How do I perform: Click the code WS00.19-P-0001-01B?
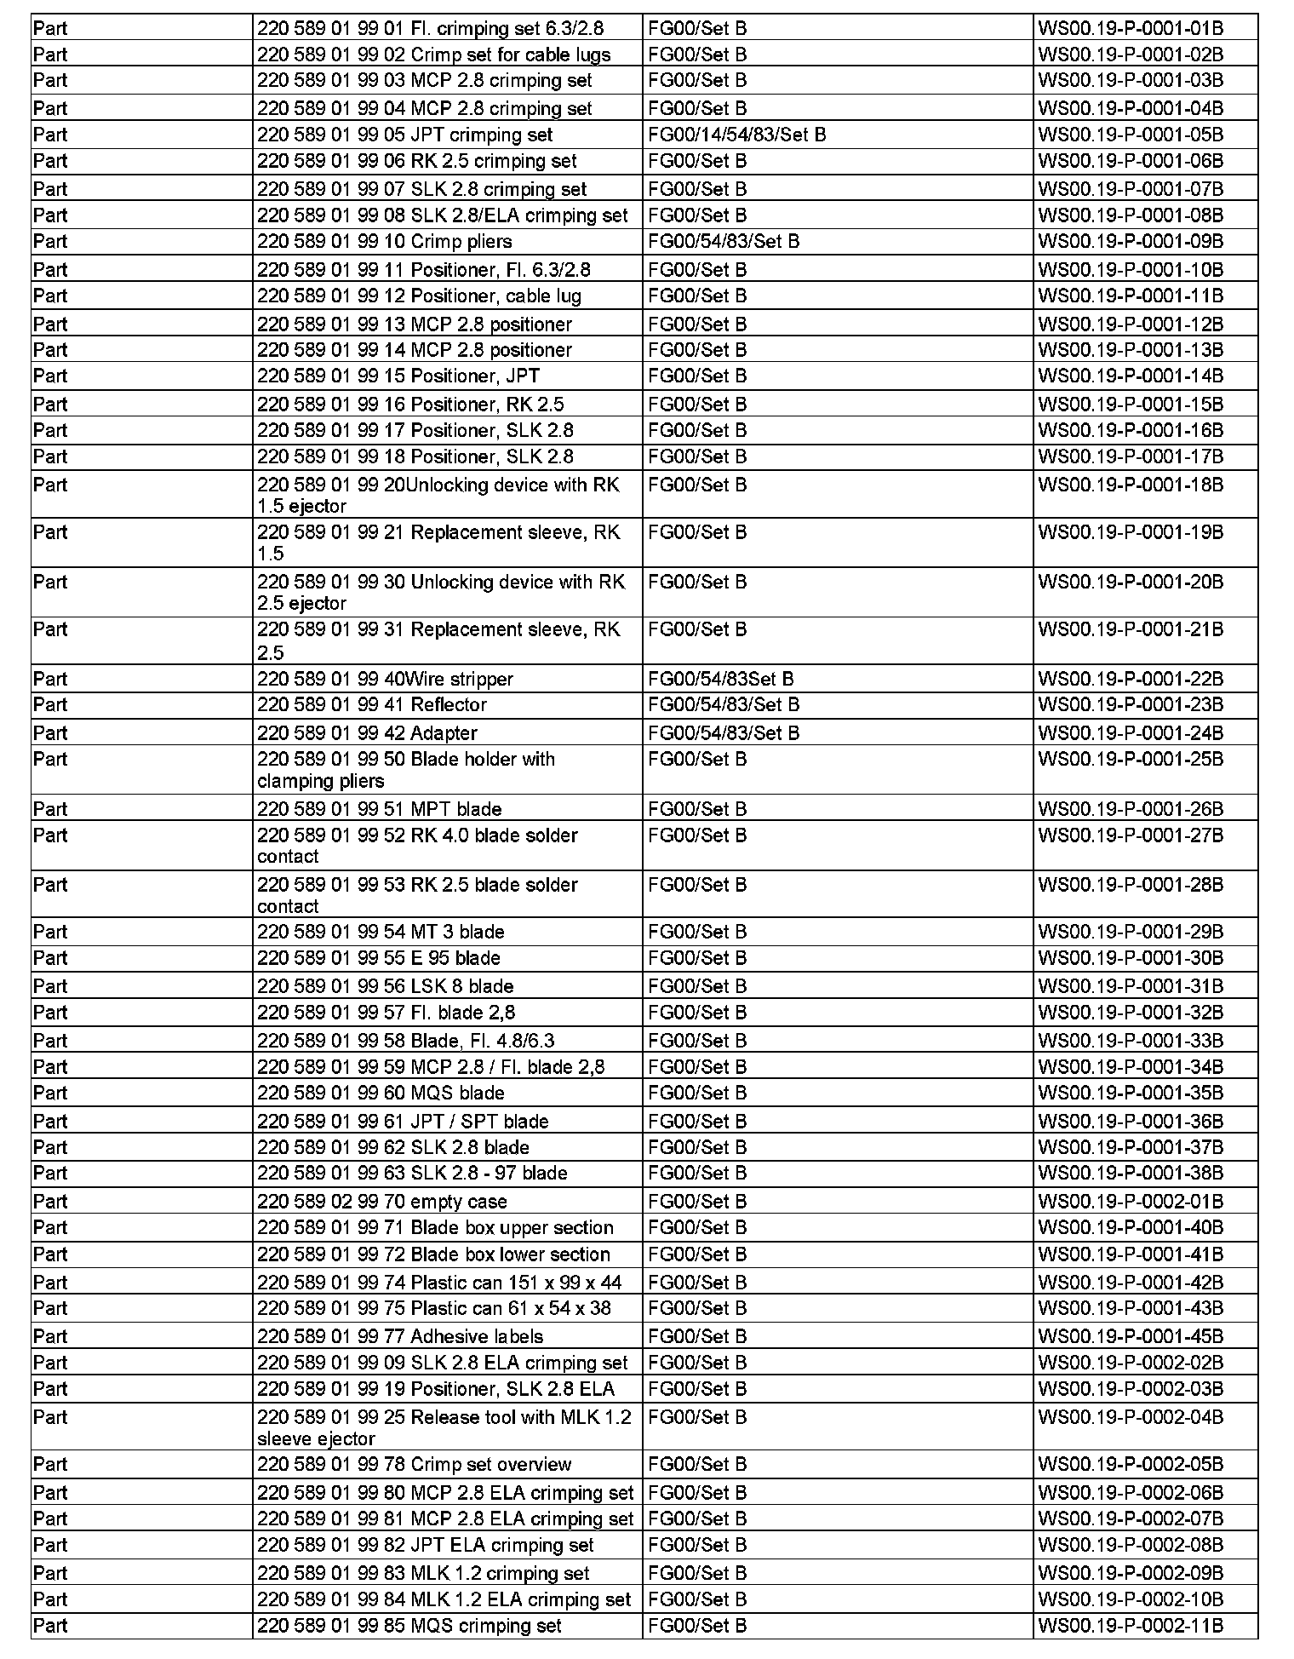pyautogui.click(x=1130, y=28)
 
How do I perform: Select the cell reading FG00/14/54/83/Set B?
pyautogui.click(x=736, y=135)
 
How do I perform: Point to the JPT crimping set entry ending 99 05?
pyautogui.click(x=405, y=135)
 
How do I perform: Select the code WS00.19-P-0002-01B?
pyautogui.click(x=1130, y=1201)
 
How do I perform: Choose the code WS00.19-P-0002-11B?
pyautogui.click(x=1130, y=1626)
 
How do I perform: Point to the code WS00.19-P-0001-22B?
pyautogui.click(x=1130, y=679)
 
